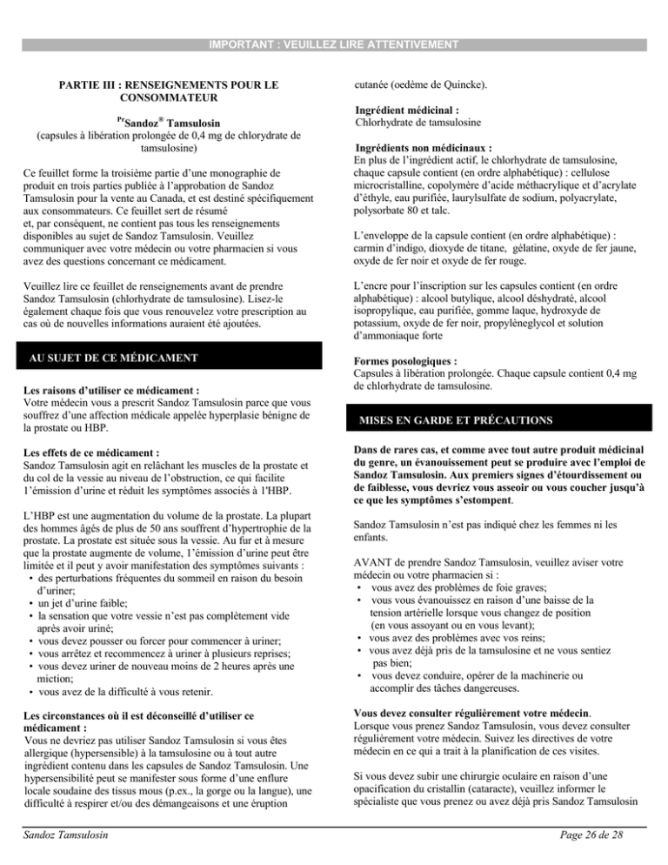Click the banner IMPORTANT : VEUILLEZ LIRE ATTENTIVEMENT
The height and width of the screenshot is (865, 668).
point(334,43)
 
